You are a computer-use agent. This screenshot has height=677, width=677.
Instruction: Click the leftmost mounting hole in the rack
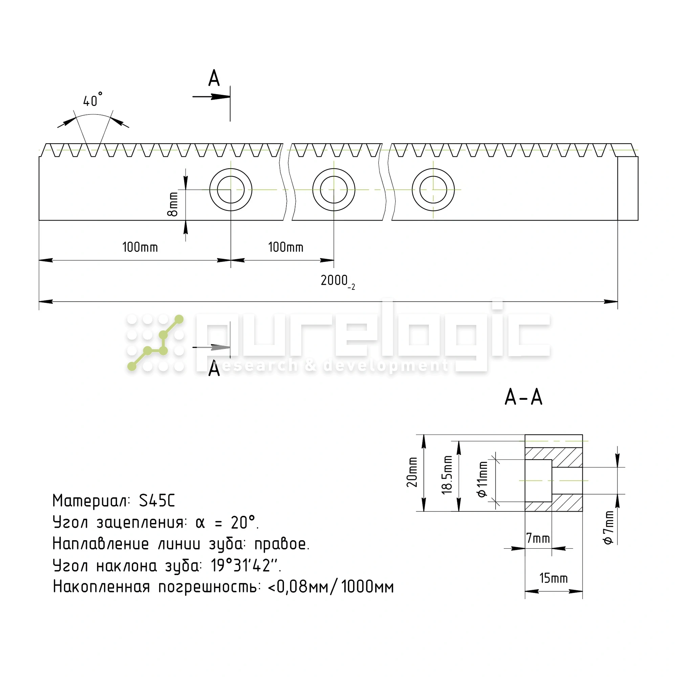(x=231, y=190)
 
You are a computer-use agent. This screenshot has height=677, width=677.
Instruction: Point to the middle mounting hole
(x=334, y=190)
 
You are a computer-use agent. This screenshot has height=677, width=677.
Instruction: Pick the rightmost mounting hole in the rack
(x=433, y=190)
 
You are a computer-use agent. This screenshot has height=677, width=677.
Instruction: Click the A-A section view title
(x=523, y=397)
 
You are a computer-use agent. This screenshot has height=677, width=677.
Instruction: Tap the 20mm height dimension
(x=412, y=472)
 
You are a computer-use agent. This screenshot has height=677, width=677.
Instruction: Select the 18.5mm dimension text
(x=447, y=475)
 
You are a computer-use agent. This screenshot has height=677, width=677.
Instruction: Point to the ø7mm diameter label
(x=609, y=527)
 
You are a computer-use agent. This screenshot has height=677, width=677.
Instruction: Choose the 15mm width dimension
(x=553, y=578)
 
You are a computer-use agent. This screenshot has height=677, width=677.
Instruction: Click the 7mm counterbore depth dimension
(x=538, y=538)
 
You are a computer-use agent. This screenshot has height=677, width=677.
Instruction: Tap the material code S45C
(x=157, y=501)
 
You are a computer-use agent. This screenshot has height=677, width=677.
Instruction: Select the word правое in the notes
(x=282, y=544)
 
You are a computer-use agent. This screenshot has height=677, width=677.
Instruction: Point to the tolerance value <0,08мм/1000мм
(x=330, y=587)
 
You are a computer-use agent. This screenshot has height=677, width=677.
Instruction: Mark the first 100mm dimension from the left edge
(x=140, y=247)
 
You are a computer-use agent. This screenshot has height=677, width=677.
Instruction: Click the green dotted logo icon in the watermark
(x=155, y=343)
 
